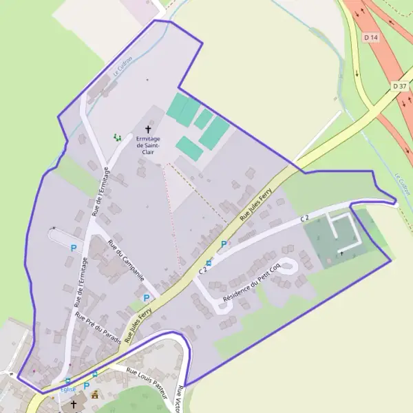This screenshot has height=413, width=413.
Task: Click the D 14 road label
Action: coord(371,36)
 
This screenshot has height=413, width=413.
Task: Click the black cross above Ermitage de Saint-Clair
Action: coord(147,129)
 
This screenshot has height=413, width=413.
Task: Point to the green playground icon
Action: coord(118,138)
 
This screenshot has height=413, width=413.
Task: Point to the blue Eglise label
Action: coord(67,390)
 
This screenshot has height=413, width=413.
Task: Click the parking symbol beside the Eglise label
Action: coord(87,386)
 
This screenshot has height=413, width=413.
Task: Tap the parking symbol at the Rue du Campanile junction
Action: coord(146,297)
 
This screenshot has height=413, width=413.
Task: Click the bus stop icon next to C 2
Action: coord(209,262)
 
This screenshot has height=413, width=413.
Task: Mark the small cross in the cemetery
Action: coord(341,254)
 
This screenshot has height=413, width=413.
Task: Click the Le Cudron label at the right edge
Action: coord(403,182)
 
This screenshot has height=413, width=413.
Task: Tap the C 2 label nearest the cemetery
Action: coord(305,218)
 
